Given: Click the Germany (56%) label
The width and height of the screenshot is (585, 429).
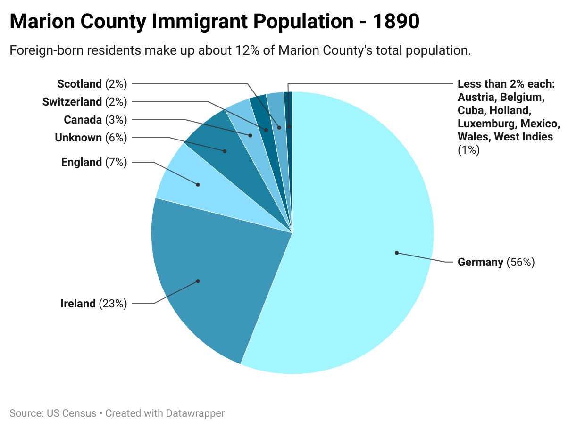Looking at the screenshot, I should click(496, 262).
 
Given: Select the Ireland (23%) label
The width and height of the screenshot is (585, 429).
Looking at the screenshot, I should click(94, 304).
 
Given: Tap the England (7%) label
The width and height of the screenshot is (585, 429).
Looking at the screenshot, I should click(94, 162).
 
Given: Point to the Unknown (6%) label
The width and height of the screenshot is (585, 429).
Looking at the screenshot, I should click(91, 138).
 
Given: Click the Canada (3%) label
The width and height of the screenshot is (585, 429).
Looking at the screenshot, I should click(95, 120).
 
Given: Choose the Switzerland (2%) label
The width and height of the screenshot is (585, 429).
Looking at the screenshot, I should click(84, 102).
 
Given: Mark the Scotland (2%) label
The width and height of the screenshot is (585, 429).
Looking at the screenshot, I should click(92, 84).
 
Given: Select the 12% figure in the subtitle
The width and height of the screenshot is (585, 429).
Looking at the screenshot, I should click(244, 50).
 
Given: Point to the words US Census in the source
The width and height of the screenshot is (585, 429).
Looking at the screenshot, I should click(72, 413).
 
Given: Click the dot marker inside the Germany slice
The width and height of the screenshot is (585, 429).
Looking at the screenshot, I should click(397, 253).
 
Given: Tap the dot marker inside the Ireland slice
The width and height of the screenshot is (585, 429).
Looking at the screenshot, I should click(198, 281).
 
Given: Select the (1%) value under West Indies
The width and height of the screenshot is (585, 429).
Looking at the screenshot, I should click(468, 150).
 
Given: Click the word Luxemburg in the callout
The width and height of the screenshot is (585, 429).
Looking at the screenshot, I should click(487, 124).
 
